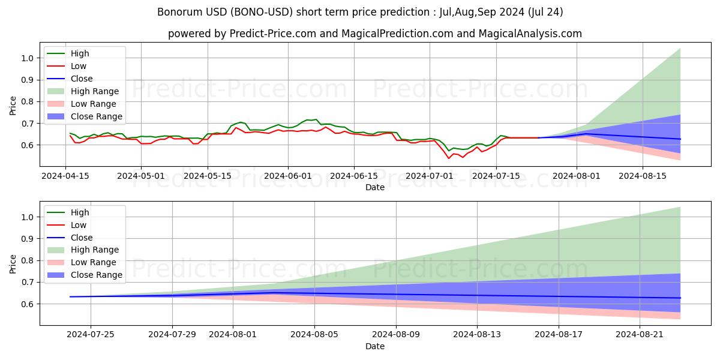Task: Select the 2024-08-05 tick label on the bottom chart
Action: (314, 334)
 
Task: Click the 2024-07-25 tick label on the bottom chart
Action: (91, 334)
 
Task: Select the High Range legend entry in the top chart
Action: (94, 91)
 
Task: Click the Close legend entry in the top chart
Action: (82, 79)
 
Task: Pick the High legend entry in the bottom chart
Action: (80, 212)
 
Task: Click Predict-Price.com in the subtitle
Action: (268, 34)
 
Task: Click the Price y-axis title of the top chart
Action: (13, 106)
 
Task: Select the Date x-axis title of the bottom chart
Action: (375, 346)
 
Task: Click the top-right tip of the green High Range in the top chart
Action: (680, 49)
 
